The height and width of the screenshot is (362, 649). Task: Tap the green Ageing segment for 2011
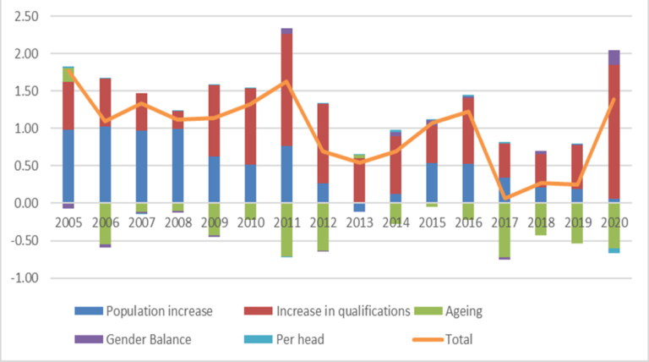tap(286, 229)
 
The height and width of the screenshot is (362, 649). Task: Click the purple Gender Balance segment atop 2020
tap(614, 58)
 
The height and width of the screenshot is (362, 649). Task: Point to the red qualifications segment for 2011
tap(286, 101)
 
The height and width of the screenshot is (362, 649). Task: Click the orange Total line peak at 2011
tap(286, 82)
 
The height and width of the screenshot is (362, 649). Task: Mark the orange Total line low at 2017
tap(504, 198)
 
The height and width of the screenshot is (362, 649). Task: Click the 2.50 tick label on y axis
tap(25, 17)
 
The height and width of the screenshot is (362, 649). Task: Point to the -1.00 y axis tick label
tap(23, 278)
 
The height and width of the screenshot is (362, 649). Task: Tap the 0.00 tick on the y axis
tap(25, 203)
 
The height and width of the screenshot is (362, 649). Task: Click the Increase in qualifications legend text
tap(341, 311)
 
